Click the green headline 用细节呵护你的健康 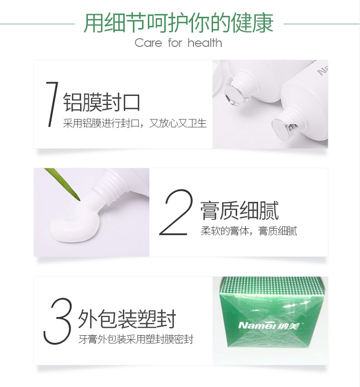coord(179,23)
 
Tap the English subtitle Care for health coord(178,43)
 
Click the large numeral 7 coord(52,104)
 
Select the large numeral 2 coord(176,212)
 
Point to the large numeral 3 coord(58,321)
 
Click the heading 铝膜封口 coord(102,102)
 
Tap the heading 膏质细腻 coord(239,210)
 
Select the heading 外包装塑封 coord(127,318)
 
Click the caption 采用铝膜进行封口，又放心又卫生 coord(135,123)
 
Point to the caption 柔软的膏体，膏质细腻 coord(249,231)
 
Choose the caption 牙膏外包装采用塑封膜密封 coord(136,340)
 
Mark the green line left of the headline coord(37,24)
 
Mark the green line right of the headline coord(322,24)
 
